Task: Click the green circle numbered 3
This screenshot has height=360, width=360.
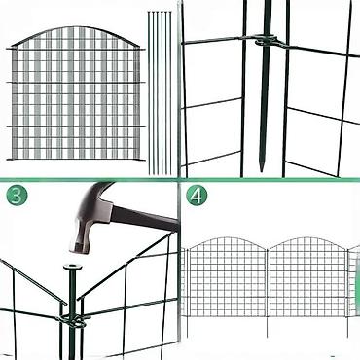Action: coord(17,195)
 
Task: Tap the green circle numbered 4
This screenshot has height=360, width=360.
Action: coord(197,195)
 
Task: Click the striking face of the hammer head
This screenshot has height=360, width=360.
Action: coord(77,248)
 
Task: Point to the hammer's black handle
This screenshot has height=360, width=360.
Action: coord(146,217)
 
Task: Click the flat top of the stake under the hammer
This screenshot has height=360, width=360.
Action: coord(73,268)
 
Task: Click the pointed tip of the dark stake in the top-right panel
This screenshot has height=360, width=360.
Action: coord(262,168)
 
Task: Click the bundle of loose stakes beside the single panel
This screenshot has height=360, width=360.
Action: coord(160,92)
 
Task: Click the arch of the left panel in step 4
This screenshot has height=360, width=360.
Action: coord(227,241)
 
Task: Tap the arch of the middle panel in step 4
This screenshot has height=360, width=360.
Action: coord(307,241)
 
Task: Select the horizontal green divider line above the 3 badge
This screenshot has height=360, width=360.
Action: coord(90,179)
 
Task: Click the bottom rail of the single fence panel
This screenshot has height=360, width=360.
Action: coord(75,159)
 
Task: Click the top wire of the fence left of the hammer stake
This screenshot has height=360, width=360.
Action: coord(32,281)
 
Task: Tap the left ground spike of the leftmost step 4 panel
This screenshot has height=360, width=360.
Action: coord(187,326)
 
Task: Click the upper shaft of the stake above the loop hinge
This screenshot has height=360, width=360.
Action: coord(268,18)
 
